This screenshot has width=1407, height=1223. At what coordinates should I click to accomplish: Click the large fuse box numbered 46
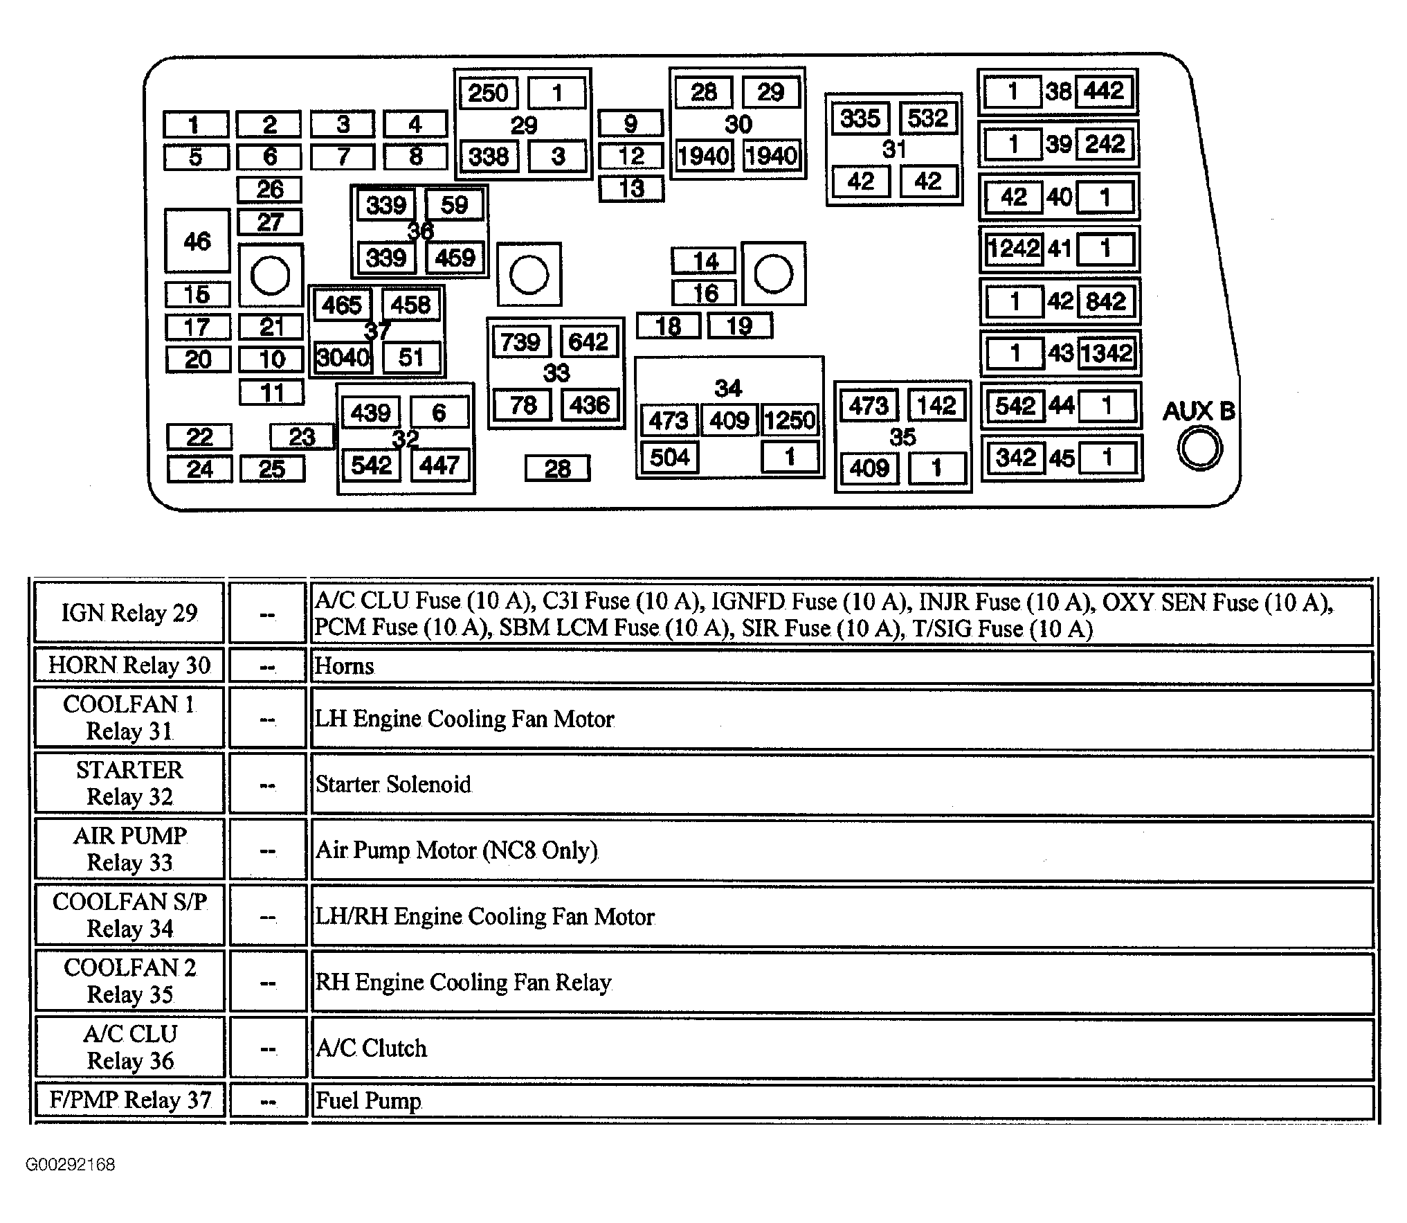(197, 240)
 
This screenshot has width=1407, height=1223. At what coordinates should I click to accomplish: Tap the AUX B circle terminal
(1199, 448)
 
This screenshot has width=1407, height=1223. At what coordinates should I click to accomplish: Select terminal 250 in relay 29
(488, 93)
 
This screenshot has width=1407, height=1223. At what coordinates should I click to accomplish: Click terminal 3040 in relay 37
(343, 358)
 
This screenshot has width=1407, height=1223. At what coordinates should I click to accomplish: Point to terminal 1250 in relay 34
(790, 420)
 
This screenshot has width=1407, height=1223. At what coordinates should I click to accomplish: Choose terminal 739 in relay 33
(521, 342)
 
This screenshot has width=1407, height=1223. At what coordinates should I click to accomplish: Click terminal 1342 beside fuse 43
(1106, 353)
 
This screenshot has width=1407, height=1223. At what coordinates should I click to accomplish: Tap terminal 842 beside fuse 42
(1106, 301)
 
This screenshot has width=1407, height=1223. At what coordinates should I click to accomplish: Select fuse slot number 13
(631, 188)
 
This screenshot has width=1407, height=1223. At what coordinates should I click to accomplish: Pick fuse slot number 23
(302, 437)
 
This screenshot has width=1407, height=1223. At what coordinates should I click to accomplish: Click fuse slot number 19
(740, 325)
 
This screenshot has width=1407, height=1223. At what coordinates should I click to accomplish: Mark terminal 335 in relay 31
(860, 118)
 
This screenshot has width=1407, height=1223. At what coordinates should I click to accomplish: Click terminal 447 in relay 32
(439, 465)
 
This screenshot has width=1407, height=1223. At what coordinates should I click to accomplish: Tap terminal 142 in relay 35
(936, 405)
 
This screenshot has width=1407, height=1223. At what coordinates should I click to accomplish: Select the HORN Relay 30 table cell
(129, 666)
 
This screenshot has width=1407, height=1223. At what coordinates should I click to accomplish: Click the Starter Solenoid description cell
(842, 785)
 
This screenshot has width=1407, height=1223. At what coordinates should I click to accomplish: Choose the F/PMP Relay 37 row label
(129, 1100)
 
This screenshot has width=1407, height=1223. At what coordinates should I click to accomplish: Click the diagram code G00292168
(71, 1164)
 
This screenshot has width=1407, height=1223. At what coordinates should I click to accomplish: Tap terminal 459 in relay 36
(455, 258)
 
